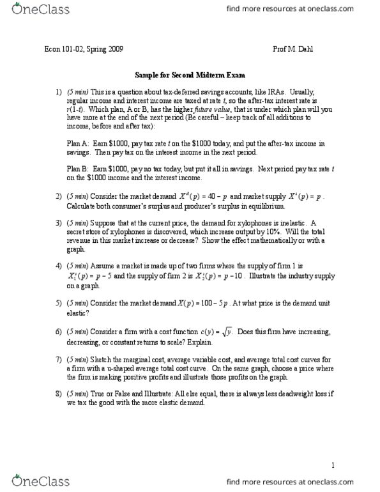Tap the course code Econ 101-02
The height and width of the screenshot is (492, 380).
point(66,49)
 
